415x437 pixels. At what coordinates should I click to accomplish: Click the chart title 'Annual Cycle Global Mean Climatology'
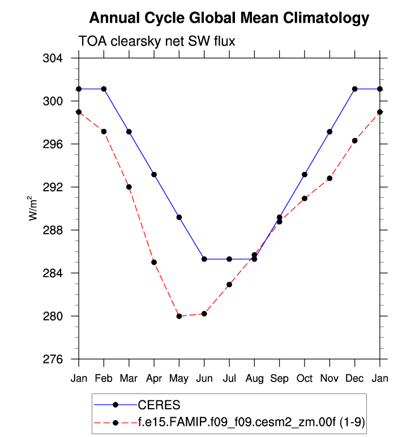coord(229,18)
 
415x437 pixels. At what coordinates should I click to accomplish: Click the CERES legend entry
coord(159,404)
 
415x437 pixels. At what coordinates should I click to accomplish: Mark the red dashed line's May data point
coord(179,316)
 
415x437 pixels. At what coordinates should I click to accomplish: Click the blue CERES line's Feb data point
coord(104,89)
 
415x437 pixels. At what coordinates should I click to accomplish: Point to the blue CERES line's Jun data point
coord(204,259)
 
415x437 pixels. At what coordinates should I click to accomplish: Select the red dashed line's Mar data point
coord(129,187)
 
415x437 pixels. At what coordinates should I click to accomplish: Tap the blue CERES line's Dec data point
coord(354,89)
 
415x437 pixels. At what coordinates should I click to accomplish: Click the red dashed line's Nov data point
coord(330,178)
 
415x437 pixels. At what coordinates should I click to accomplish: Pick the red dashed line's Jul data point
coord(229,284)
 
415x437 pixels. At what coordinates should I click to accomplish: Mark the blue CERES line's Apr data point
coord(154,174)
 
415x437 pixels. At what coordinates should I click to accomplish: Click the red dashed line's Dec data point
coord(354,141)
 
